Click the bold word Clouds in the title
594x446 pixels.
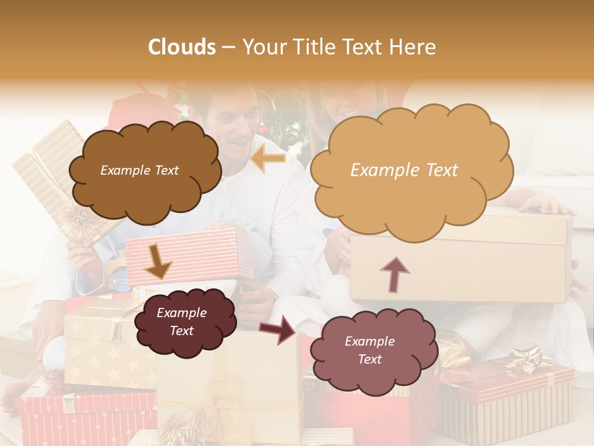(183, 47)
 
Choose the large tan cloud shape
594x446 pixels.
(411, 170)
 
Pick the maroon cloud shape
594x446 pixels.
(184, 321)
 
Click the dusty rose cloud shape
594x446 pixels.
(372, 350)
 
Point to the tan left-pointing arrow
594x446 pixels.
(269, 159)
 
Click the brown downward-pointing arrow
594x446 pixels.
(157, 261)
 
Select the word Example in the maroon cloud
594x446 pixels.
(181, 313)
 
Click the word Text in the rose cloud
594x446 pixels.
(370, 359)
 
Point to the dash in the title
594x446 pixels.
(228, 48)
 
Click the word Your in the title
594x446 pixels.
(262, 47)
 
